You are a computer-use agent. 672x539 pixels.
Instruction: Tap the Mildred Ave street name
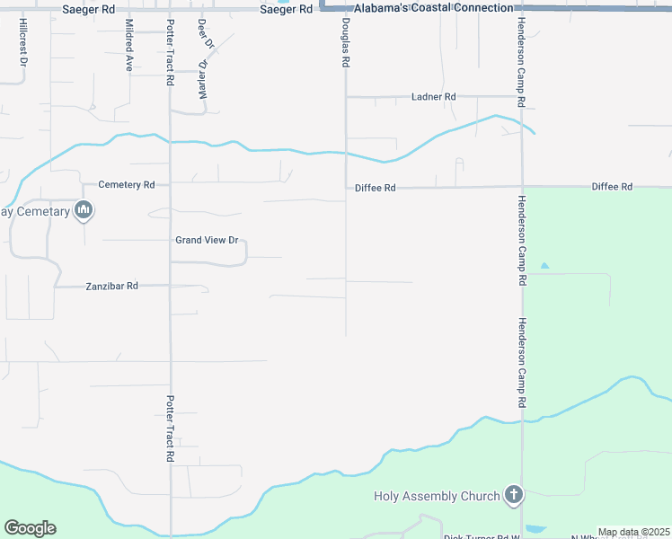pyautogui.click(x=129, y=45)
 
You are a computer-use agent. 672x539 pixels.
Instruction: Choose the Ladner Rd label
pyautogui.click(x=434, y=96)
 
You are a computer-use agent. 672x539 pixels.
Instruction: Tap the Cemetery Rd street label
pyautogui.click(x=127, y=184)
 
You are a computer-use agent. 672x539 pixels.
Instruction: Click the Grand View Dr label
pyautogui.click(x=207, y=240)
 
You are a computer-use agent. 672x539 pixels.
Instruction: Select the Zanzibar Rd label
pyautogui.click(x=111, y=286)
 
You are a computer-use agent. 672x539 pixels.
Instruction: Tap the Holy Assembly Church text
pyautogui.click(x=437, y=496)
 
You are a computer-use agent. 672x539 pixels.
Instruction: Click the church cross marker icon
pyautogui.click(x=513, y=495)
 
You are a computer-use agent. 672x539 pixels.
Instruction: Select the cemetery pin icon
pyautogui.click(x=84, y=211)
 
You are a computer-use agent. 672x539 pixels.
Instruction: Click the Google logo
pyautogui.click(x=30, y=528)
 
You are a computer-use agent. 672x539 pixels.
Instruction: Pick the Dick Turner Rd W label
pyautogui.click(x=483, y=536)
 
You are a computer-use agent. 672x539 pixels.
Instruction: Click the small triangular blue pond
pyautogui.click(x=543, y=266)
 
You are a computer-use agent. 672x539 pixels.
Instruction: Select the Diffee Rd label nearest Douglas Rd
pyautogui.click(x=375, y=188)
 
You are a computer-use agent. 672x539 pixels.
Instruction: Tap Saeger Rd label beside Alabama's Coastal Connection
pyautogui.click(x=285, y=8)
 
